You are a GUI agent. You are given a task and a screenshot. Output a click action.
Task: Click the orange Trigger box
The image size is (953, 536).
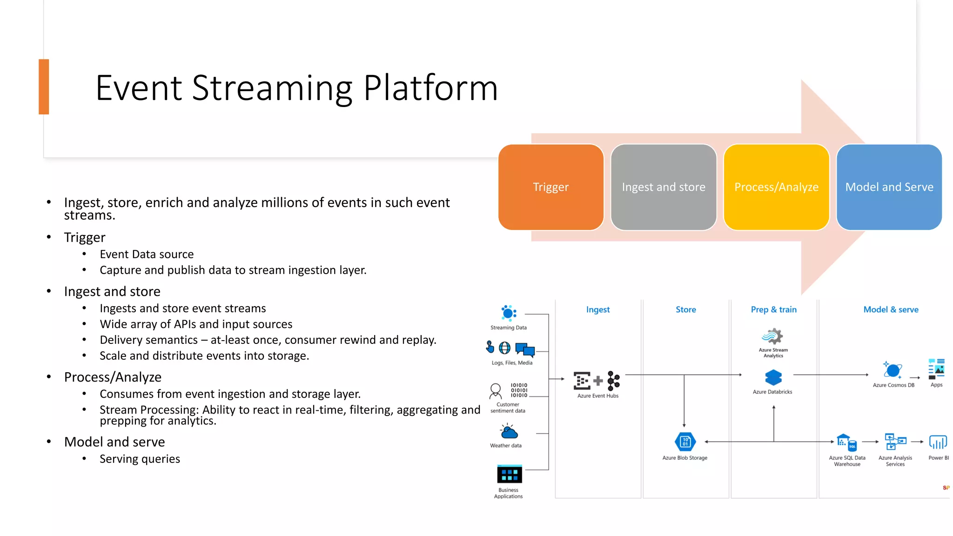point(550,187)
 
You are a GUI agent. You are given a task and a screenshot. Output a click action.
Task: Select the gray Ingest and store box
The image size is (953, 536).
point(663,187)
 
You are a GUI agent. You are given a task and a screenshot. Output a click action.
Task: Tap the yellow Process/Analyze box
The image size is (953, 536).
point(776,187)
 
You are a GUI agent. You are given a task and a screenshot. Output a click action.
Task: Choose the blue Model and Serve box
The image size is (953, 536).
point(889,187)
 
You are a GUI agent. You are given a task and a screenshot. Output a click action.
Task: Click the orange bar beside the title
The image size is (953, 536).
point(44,87)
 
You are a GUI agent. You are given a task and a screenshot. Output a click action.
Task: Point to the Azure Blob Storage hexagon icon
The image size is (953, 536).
point(685,442)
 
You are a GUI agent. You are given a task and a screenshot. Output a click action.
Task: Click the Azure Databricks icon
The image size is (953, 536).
point(773,377)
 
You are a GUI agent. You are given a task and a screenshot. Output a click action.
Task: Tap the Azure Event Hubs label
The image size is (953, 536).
point(598,396)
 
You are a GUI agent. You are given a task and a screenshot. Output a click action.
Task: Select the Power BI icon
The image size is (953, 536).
point(938,442)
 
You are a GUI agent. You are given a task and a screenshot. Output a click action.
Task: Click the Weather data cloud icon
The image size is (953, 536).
point(509,432)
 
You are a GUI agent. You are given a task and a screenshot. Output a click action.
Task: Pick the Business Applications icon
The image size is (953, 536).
point(510,474)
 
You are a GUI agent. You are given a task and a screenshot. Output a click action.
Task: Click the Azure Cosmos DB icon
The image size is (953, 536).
point(893,370)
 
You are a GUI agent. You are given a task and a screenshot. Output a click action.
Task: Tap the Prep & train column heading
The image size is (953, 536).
point(773,309)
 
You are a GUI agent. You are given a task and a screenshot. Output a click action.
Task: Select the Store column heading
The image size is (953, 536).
point(685,309)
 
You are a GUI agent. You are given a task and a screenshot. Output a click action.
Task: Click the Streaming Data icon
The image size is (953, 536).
point(509,313)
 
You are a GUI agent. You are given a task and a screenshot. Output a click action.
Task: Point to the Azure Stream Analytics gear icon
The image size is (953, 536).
point(772,336)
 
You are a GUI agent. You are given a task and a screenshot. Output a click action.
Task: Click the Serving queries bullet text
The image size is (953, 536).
point(140,459)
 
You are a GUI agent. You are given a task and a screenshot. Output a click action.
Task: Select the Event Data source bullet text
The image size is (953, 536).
point(147,254)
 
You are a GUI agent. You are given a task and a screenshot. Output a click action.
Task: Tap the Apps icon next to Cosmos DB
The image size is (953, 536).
point(936,369)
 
